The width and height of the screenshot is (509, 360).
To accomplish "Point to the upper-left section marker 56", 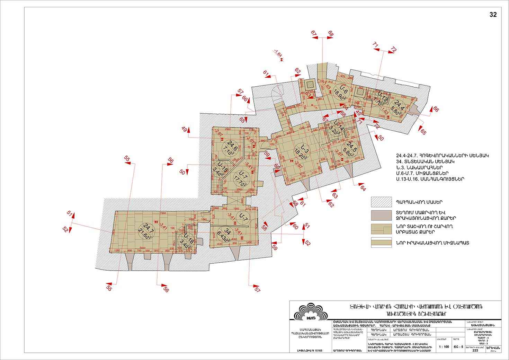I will pos(170,160).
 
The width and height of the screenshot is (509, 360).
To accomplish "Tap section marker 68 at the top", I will pos(331,34).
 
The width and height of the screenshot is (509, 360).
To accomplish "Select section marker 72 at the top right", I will pos(393,50).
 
